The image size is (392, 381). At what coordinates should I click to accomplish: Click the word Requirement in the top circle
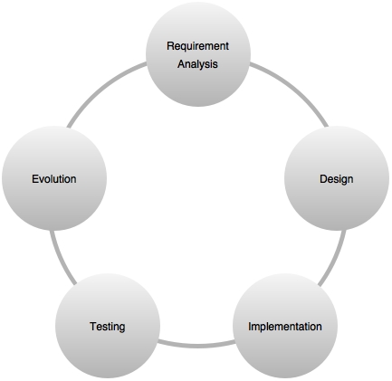pos(197,46)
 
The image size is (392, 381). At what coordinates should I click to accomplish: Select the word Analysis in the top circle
pos(197,64)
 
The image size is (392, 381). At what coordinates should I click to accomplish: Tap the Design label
pos(337,179)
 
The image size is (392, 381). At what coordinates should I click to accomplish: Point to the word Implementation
pos(285,327)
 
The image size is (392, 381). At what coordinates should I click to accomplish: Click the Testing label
pos(108,327)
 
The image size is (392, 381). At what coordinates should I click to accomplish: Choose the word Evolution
pos(54,179)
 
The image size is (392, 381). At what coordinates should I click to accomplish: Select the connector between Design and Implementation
pos(335,259)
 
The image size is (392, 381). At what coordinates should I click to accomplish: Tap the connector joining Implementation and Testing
pos(196,345)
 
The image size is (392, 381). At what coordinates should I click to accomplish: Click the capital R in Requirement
pos(170,46)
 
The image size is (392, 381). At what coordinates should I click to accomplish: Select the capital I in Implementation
pos(250,326)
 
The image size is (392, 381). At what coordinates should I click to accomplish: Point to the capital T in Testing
pos(93,327)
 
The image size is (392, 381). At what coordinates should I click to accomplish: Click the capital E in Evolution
pos(35,179)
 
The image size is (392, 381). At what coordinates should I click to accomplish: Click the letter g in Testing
pos(121,328)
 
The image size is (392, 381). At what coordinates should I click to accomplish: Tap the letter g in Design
pos(342,181)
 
